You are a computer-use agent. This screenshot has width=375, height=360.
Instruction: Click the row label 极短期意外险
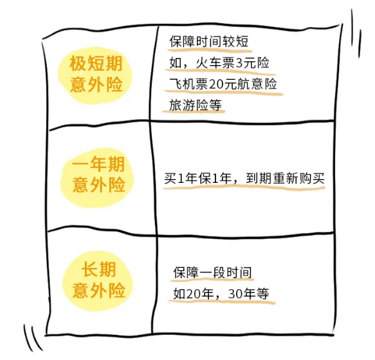tap(96, 74)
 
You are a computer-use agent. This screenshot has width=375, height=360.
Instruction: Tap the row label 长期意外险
tap(99, 279)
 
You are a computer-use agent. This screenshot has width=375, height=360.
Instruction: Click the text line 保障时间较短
tap(209, 41)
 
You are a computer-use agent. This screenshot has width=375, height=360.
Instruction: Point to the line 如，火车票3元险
tap(219, 63)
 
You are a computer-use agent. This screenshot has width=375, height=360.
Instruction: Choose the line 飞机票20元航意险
tap(223, 84)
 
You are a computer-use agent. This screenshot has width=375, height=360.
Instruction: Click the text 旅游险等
tap(196, 105)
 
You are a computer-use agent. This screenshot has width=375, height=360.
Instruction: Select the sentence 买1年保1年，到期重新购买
tap(244, 178)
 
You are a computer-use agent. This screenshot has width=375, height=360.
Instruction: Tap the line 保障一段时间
tap(212, 272)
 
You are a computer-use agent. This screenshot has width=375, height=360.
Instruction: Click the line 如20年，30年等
tap(221, 294)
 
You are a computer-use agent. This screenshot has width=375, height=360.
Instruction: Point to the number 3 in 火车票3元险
tap(239, 63)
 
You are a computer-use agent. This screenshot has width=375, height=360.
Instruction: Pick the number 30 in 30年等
tap(235, 294)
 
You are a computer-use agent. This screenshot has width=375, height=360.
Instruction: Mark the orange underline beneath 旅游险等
tap(194, 111)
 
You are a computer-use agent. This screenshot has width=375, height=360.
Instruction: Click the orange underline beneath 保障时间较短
tap(210, 50)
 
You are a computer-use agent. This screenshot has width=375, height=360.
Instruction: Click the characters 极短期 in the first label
tap(96, 64)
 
